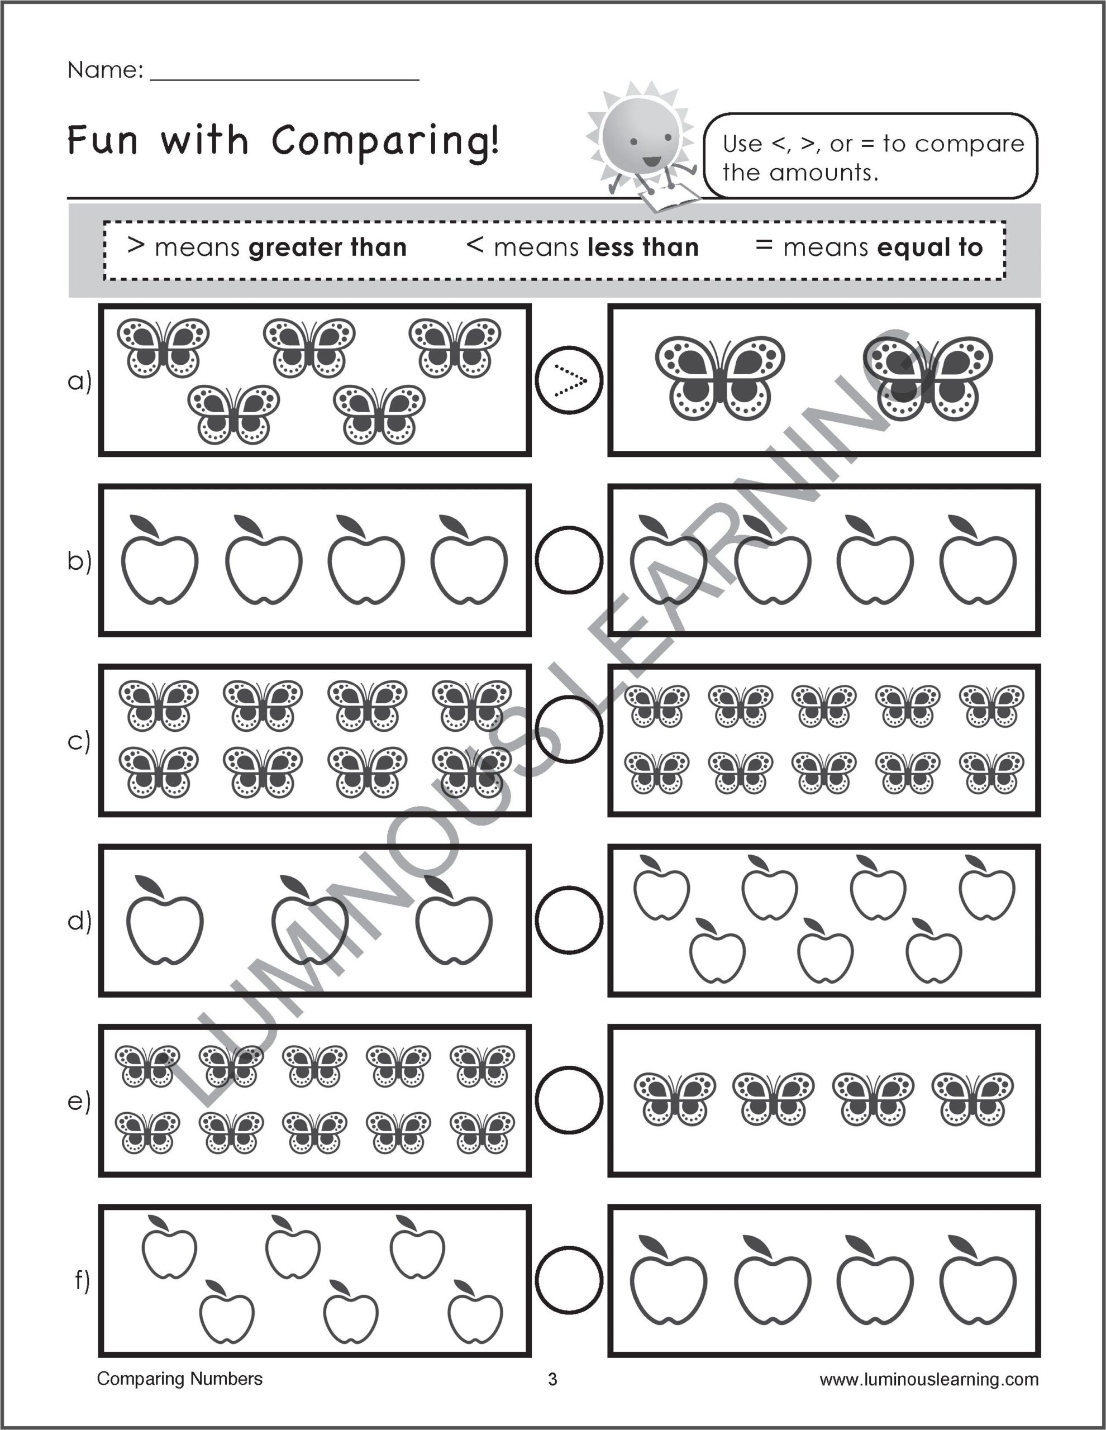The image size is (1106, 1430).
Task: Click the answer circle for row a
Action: tap(569, 380)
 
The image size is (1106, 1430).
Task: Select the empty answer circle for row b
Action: tap(569, 560)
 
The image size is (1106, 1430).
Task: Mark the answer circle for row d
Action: tap(569, 919)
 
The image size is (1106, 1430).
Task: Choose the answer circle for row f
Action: tap(569, 1280)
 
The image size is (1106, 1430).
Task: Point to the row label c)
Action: tap(79, 741)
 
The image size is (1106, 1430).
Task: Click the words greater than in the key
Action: tap(327, 247)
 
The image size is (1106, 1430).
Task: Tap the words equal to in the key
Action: tap(929, 247)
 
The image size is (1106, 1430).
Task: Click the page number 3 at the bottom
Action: tap(552, 1380)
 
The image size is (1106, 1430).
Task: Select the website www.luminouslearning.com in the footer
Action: tap(928, 1380)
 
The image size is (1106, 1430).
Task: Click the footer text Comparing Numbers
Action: tap(179, 1379)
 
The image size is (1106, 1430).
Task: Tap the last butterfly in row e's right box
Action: tap(972, 1099)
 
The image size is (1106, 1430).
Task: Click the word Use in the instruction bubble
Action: tap(742, 144)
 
